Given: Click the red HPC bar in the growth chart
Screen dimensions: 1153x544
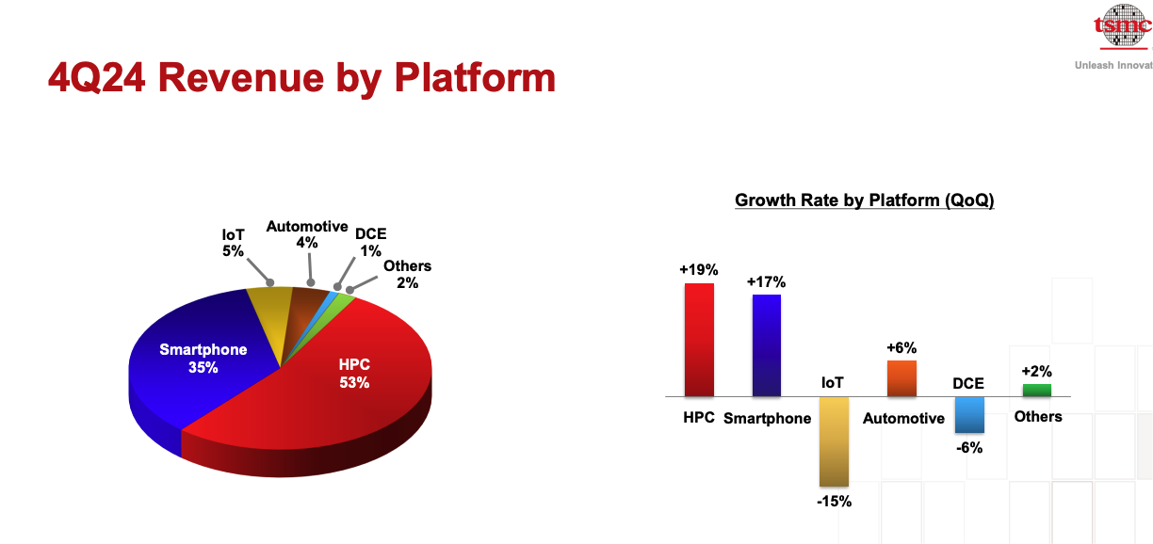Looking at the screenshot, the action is (699, 340).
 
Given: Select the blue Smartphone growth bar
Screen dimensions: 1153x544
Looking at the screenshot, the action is (767, 345).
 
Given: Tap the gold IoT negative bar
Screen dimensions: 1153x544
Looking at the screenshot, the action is (834, 441).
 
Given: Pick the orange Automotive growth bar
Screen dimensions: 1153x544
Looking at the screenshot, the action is (901, 378).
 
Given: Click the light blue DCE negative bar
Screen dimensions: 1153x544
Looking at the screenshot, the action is (969, 415).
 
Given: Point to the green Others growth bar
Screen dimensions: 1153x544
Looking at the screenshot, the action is (1037, 391).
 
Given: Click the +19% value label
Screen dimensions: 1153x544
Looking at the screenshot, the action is (699, 270).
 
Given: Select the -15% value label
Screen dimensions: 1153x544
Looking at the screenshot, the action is (835, 502).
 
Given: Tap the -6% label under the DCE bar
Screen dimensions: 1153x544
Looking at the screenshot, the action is (969, 448).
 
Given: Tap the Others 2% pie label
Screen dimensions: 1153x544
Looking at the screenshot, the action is (407, 275).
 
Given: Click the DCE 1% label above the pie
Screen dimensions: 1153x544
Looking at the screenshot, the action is (370, 242).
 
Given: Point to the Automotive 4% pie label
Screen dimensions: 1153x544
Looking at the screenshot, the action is (307, 234).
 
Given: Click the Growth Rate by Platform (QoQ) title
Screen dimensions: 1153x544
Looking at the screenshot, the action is (864, 200).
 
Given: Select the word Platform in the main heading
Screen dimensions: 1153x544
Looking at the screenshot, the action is (475, 78).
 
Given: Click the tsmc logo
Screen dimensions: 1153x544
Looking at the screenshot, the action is (1122, 25).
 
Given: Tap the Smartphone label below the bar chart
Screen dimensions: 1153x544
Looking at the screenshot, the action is (767, 419).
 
